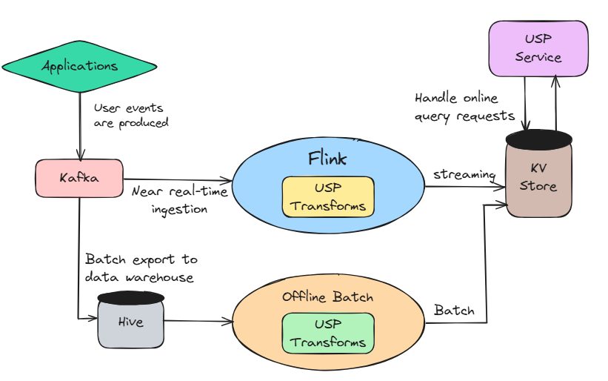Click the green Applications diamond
(79, 66)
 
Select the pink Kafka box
(79, 178)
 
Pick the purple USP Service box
(538, 48)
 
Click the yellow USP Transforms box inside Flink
(328, 197)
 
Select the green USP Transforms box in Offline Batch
(328, 334)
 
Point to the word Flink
(328, 158)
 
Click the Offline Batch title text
(328, 297)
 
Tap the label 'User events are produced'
(131, 115)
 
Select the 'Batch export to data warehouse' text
(141, 268)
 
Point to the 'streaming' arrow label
(464, 174)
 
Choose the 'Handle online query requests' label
(464, 107)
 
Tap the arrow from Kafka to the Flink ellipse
(178, 180)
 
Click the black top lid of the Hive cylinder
(130, 297)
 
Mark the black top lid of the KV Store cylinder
(538, 138)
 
